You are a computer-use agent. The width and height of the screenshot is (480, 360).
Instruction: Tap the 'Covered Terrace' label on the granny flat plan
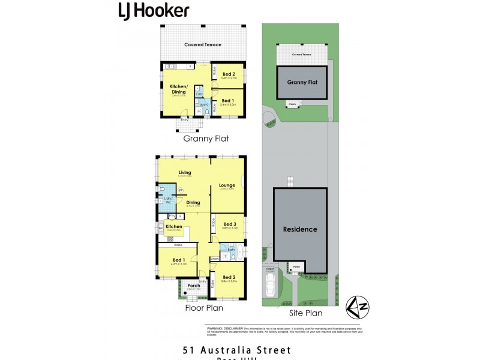[x=202, y=45]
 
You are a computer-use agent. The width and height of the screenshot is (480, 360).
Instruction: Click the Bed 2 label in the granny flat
[x=228, y=73]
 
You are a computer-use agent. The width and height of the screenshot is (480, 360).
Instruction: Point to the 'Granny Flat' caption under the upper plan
[x=206, y=138]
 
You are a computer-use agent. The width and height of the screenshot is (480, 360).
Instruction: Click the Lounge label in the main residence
[x=227, y=185]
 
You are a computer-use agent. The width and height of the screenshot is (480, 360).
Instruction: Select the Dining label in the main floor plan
[x=193, y=202]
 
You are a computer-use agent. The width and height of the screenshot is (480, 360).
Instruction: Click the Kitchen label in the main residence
[x=174, y=227]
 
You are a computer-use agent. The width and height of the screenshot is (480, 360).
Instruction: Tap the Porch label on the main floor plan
[x=193, y=285]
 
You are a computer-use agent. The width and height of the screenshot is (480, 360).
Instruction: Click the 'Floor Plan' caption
[x=204, y=308]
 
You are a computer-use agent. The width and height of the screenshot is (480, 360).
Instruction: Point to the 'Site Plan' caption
[x=305, y=313]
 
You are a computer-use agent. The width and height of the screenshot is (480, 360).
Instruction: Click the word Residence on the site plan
[x=300, y=229]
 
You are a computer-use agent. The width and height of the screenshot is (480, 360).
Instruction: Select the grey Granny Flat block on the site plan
[x=302, y=83]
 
